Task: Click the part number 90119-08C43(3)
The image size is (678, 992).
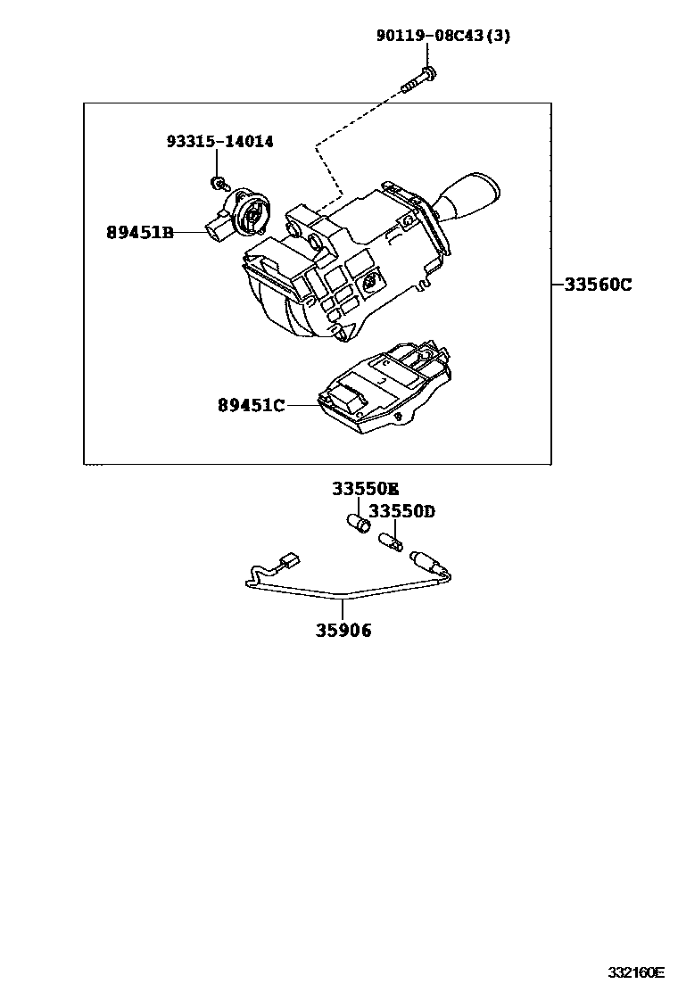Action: pos(443,37)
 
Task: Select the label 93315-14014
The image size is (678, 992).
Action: pos(219,141)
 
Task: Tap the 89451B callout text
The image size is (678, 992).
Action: pos(140,233)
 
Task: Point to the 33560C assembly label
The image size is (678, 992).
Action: pos(597,285)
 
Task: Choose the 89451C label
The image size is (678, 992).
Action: pos(251,406)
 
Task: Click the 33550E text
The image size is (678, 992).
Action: pos(365,489)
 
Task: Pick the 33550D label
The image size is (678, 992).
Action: pos(401,511)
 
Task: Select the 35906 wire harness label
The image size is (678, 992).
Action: pos(343,631)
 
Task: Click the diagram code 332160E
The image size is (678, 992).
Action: pos(637,971)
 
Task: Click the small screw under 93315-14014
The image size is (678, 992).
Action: pos(217,183)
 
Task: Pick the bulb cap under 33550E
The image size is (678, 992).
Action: pos(359,523)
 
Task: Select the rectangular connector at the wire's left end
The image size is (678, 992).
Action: pos(287,561)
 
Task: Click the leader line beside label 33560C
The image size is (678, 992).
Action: pos(557,285)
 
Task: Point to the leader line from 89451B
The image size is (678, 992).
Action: pos(190,233)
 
